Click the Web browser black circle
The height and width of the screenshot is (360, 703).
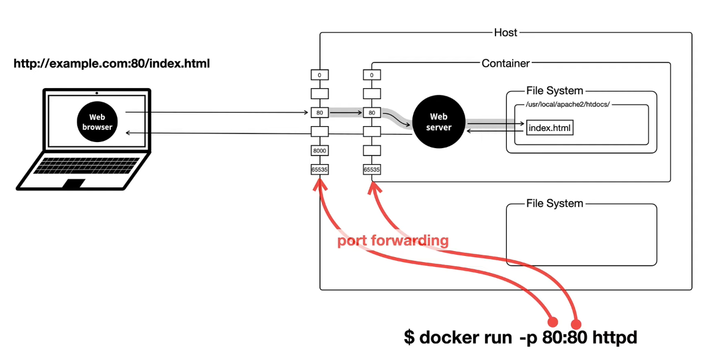(97, 122)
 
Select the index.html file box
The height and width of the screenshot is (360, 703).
(549, 128)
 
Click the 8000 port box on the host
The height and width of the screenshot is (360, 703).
(320, 151)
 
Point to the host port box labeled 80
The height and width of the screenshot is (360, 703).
(320, 113)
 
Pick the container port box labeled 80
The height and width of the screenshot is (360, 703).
(371, 113)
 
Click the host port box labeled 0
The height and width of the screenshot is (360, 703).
(320, 75)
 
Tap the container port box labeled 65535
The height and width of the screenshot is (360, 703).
(371, 170)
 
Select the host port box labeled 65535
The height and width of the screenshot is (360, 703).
(320, 170)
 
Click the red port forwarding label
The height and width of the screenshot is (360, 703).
(393, 241)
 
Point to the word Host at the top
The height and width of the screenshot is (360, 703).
(505, 32)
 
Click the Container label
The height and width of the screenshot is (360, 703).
(505, 63)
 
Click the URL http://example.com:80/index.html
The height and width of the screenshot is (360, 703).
(111, 63)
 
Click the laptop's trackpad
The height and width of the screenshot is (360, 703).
(75, 184)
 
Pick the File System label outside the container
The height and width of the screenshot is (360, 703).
(554, 203)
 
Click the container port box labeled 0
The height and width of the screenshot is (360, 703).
(371, 75)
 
